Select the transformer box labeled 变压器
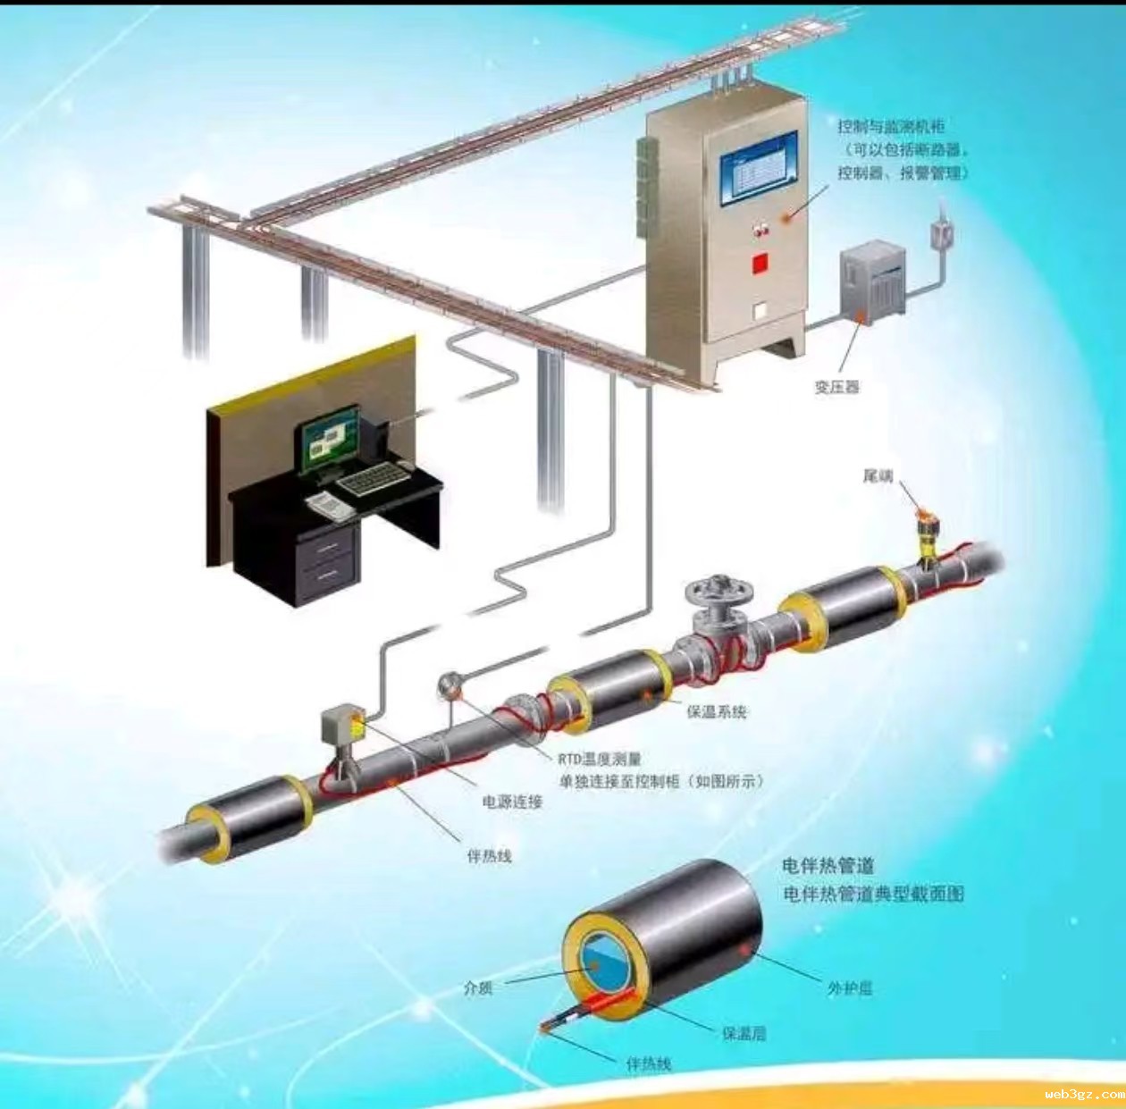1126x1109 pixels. point(872,278)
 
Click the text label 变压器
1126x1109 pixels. point(836,387)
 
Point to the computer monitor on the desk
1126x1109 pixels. point(330,441)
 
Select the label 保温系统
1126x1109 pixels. point(716,712)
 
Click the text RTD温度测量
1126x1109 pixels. point(600,759)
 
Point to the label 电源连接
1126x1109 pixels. point(513,802)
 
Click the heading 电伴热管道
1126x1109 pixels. point(828,865)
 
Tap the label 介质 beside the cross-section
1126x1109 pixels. point(478,988)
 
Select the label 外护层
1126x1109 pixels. point(849,987)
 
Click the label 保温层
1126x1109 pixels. point(744,1033)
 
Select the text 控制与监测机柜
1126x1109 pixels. point(891,127)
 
